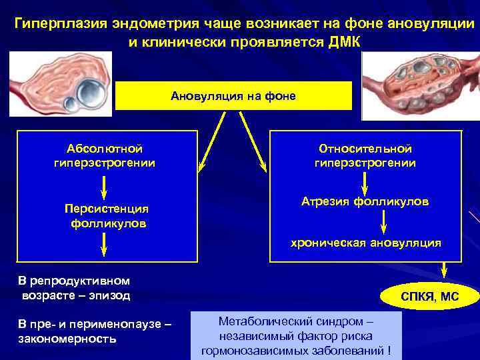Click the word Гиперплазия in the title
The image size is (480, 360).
tap(58, 25)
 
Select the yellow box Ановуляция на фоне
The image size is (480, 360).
tap(233, 96)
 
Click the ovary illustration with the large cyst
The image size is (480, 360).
tap(60, 83)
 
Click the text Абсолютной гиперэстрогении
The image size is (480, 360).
tap(105, 155)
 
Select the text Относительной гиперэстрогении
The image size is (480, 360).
tap(365, 155)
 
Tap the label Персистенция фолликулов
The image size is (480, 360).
tap(107, 215)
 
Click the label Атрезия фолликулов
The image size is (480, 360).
tap(365, 201)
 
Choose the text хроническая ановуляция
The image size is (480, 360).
tap(365, 243)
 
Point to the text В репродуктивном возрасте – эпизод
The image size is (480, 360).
tap(75, 287)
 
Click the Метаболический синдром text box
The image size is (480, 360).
tap(295, 336)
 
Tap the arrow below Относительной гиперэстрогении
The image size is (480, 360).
tap(365, 181)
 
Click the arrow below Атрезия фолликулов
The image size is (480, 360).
tap(385, 222)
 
